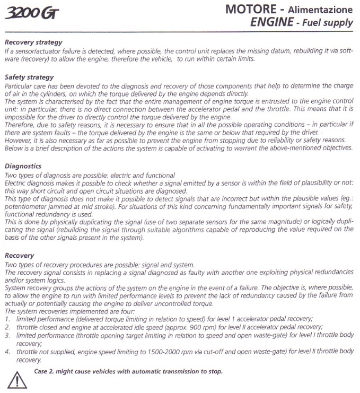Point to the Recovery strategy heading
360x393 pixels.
point(33,42)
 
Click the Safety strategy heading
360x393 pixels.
point(29,77)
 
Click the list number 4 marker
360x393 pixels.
point(7,351)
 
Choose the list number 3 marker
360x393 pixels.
point(7,336)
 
